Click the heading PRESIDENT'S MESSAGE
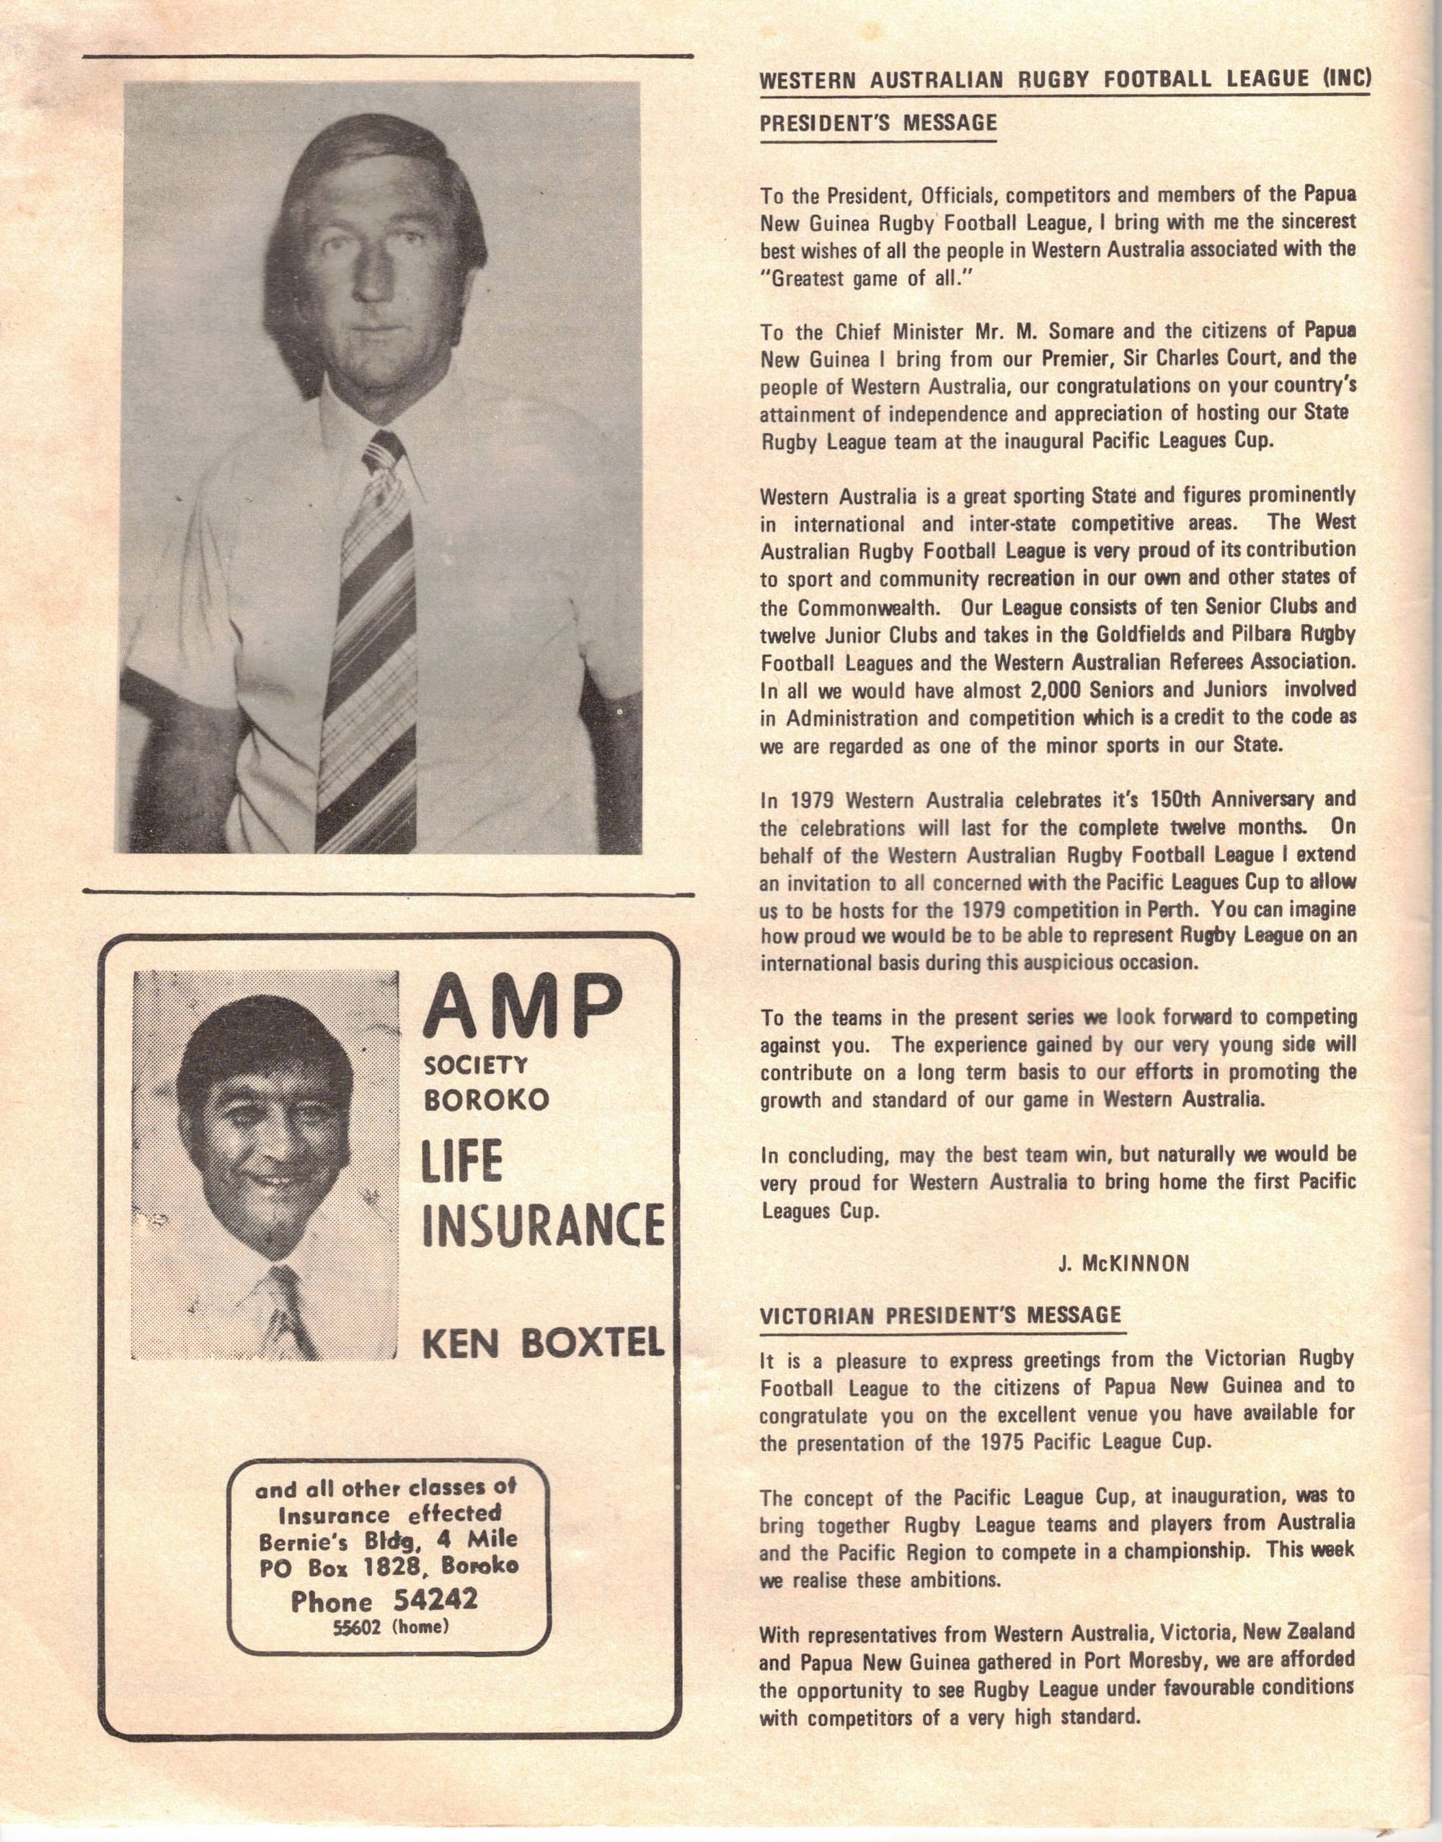[x=878, y=123]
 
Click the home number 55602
[x=359, y=1626]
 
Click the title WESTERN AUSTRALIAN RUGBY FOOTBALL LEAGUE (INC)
[x=1066, y=80]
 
